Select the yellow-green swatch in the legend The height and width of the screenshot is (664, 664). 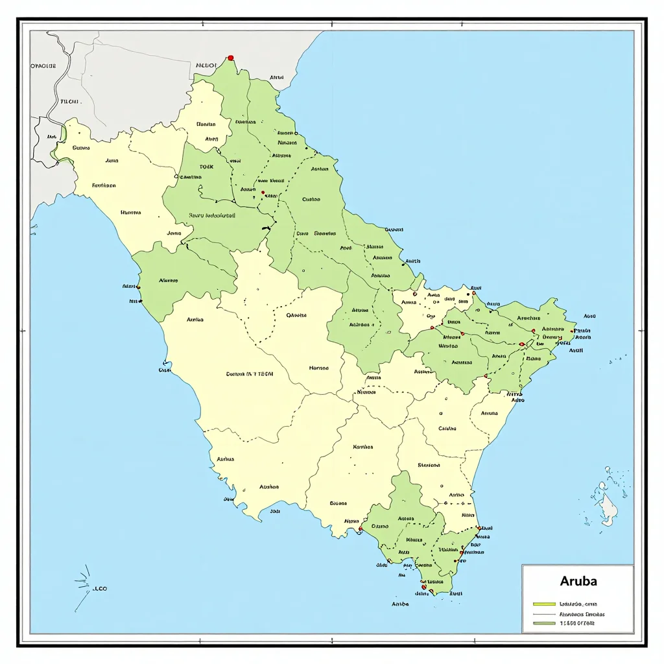545,603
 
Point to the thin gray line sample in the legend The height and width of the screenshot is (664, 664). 545,613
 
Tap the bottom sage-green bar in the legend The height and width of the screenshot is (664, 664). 545,623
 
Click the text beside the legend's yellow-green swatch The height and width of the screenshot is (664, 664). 578,603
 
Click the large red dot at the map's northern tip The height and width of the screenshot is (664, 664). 230,58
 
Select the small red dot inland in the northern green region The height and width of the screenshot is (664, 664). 263,192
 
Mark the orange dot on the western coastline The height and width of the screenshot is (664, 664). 138,287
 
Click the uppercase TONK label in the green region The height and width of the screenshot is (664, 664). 206,167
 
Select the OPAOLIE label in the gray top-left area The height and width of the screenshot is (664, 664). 43,65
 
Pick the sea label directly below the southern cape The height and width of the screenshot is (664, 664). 400,604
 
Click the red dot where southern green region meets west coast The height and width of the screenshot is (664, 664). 360,529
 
